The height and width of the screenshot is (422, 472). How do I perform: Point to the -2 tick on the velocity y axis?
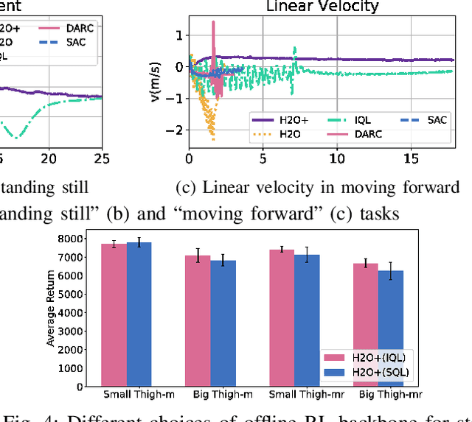176,130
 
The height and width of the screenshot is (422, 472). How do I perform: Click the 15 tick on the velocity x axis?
412,158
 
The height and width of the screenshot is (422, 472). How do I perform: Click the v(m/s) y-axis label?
156,82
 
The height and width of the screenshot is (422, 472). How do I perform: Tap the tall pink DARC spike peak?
213,22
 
